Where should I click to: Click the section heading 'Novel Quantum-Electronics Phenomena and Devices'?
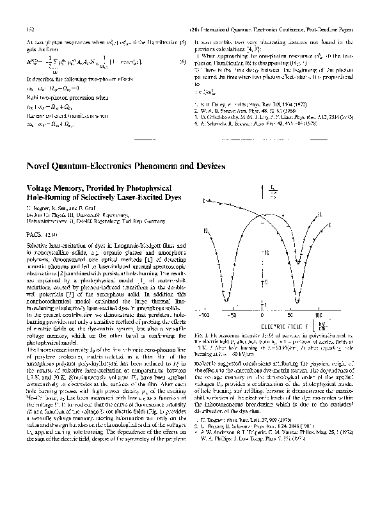tap(125, 166)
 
